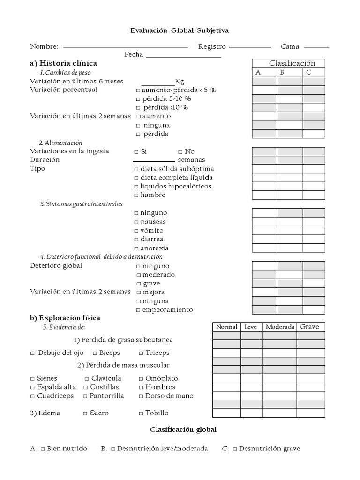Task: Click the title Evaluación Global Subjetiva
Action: coord(180,30)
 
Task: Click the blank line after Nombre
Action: coord(125,47)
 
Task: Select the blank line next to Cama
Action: coord(319,47)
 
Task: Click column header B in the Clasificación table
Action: coord(282,72)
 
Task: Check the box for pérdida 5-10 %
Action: coord(138,99)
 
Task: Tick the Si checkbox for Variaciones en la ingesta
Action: coord(136,152)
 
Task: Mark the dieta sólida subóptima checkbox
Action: coord(136,169)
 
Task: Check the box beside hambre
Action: coord(136,195)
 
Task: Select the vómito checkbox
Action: coord(136,231)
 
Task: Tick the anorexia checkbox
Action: coord(136,248)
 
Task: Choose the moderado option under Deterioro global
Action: coord(138,275)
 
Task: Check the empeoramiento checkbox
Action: coord(138,310)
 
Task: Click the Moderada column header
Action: coord(280,327)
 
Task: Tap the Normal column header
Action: coord(227,327)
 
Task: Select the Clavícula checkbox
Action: coord(87,379)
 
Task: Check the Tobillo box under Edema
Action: coord(141,413)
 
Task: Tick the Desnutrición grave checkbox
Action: coord(234,449)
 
